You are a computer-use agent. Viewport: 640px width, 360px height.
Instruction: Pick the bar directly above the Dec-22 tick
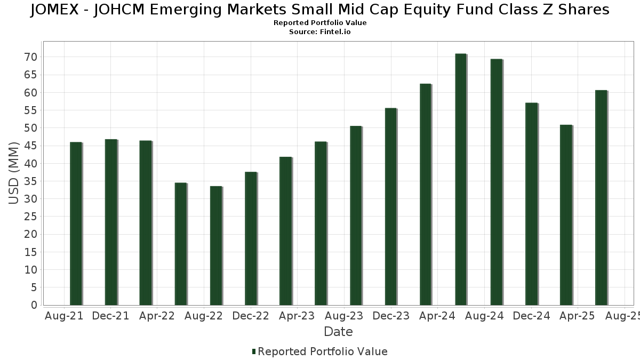251,238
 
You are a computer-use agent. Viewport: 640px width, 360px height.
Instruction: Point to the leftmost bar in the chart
76,223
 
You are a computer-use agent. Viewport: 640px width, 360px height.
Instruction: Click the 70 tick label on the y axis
30,57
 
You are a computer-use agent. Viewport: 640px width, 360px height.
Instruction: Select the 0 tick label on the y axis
34,305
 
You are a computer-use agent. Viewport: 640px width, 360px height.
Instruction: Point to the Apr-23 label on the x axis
297,316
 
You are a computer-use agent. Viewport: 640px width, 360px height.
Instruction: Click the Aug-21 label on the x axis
64,316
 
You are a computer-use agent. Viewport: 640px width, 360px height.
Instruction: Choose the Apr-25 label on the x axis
577,316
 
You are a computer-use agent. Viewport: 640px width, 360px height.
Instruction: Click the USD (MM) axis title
14,173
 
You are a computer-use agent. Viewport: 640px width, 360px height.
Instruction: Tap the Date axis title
338,332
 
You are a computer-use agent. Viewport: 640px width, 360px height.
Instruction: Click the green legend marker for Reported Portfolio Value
254,351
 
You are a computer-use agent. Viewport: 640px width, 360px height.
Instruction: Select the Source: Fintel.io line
320,32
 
